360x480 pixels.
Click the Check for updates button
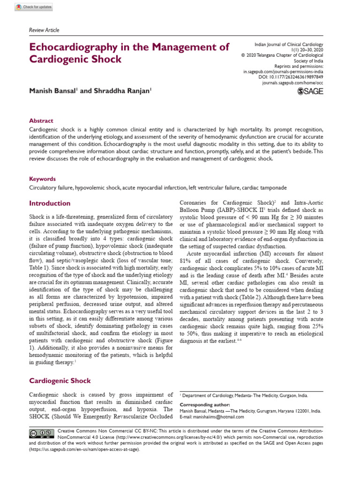(34, 7)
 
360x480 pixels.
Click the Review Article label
(44, 30)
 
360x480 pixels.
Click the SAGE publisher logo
(310, 92)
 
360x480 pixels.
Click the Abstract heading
(41, 120)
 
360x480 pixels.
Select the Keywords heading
(42, 179)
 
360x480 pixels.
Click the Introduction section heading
(50, 203)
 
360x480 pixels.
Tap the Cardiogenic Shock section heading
(60, 381)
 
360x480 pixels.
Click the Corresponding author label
(205, 405)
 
